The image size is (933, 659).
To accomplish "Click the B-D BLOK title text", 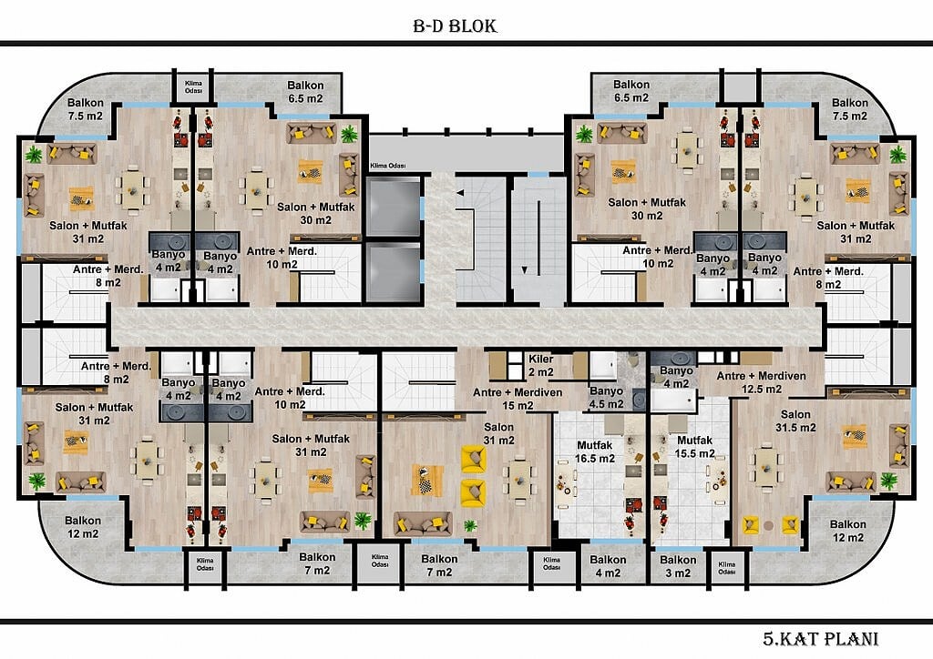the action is point(455,26).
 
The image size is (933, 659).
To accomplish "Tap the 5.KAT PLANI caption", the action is point(821,639).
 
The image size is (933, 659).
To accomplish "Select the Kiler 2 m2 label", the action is point(541,365).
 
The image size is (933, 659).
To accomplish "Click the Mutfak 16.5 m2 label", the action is point(594,451).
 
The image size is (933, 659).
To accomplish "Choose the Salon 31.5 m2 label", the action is point(795,421).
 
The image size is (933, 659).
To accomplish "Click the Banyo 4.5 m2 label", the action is point(606,398).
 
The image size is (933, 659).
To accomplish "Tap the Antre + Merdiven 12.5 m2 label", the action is point(761,382).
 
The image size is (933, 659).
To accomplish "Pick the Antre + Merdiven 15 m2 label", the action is point(518,399).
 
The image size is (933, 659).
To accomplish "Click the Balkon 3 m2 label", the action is point(678,566).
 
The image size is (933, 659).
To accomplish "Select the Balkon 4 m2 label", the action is point(608,566).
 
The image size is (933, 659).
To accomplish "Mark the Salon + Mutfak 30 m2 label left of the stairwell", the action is point(315,213).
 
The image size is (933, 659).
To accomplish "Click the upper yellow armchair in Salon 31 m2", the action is point(474,459).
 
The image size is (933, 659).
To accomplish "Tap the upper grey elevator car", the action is point(394,207).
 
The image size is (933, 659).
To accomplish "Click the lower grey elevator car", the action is point(394,271).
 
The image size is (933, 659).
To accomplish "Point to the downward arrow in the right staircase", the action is point(524,269).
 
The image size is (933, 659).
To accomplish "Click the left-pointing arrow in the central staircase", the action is point(459,193).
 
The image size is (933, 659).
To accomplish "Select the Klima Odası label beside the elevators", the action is point(388,166).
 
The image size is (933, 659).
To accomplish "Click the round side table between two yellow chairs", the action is point(768,525).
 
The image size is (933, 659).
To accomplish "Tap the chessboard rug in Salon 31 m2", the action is point(427,480).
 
